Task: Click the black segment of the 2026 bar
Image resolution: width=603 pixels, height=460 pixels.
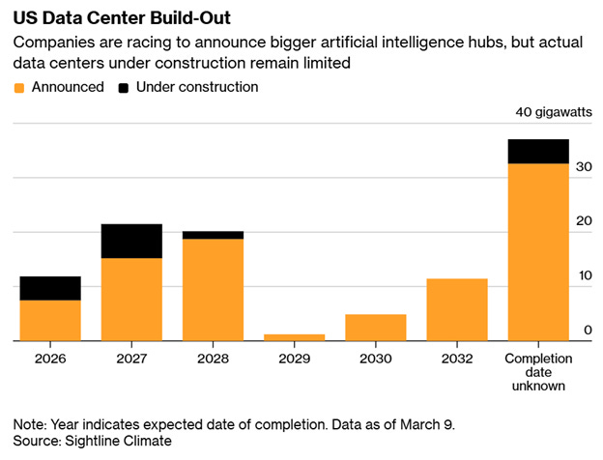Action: (49, 288)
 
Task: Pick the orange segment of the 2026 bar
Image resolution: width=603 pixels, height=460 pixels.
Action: (49, 320)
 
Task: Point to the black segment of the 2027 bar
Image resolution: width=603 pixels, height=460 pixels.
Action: (130, 241)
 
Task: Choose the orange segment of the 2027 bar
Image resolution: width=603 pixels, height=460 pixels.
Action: (130, 299)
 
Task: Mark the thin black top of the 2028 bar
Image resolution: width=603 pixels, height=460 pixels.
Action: (213, 235)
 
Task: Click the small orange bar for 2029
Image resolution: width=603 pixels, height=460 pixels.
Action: (294, 337)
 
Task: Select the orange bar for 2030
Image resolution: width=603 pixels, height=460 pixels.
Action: (375, 327)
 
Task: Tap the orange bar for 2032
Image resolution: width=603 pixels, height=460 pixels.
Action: (457, 309)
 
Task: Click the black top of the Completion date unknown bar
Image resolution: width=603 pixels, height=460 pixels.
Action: (538, 151)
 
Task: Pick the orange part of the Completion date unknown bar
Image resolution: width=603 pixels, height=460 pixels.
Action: (538, 251)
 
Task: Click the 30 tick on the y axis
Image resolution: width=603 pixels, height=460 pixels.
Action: (584, 167)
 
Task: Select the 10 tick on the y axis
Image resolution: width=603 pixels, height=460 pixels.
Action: (584, 275)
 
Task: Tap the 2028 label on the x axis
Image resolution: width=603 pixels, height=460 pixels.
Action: (213, 359)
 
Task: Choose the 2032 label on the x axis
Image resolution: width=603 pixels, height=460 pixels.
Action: (457, 359)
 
